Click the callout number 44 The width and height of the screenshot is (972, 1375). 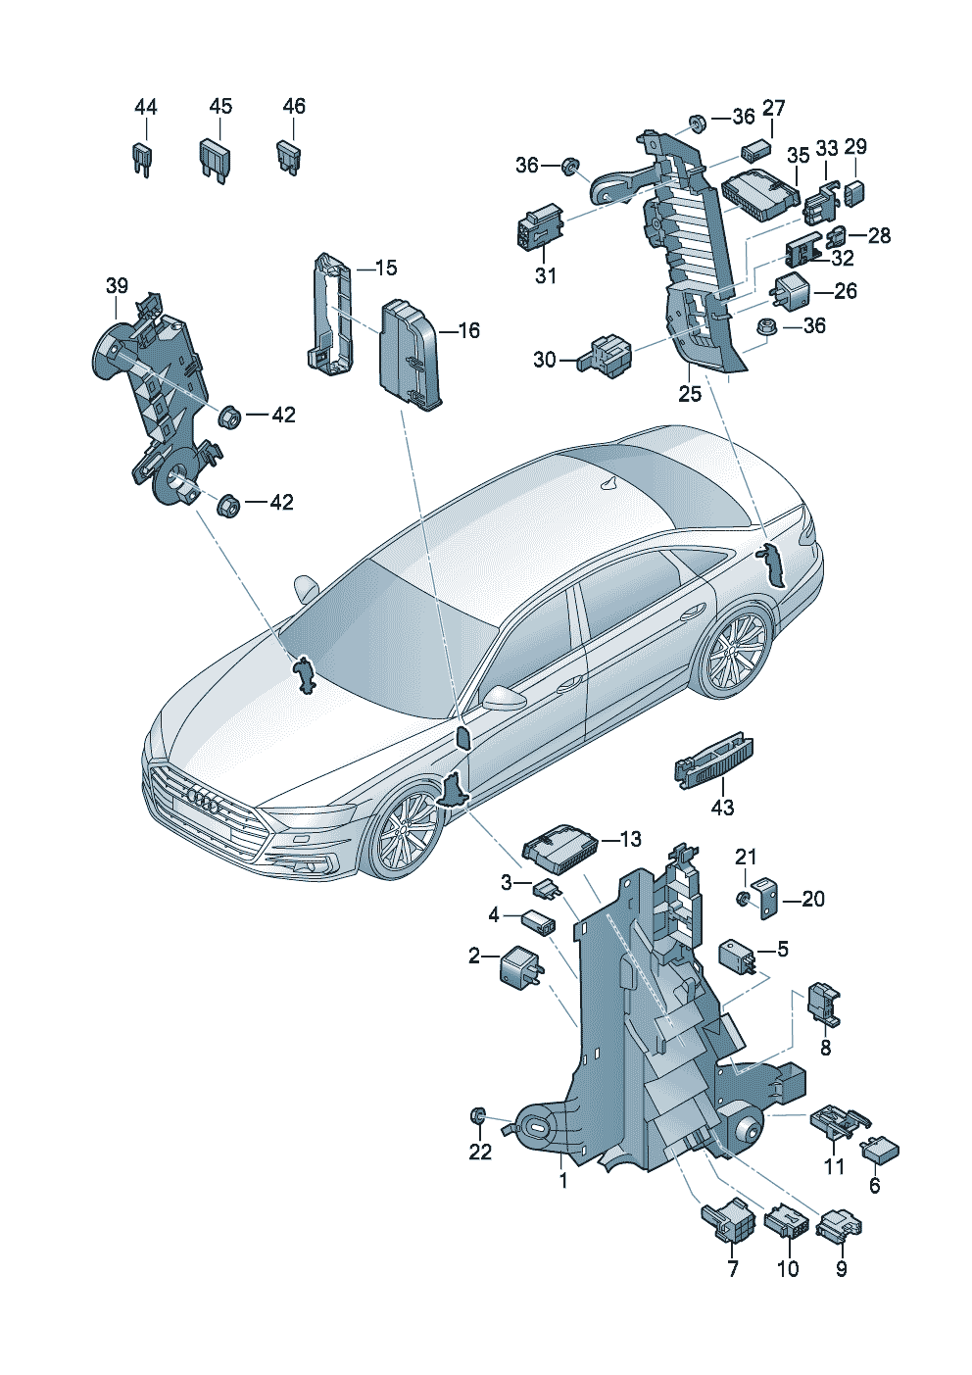point(145,108)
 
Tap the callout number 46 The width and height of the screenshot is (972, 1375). point(294,106)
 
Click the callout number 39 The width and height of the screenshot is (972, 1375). point(117,286)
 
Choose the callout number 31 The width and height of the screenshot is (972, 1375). point(545,276)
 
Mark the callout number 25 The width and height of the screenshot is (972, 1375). point(690,393)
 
